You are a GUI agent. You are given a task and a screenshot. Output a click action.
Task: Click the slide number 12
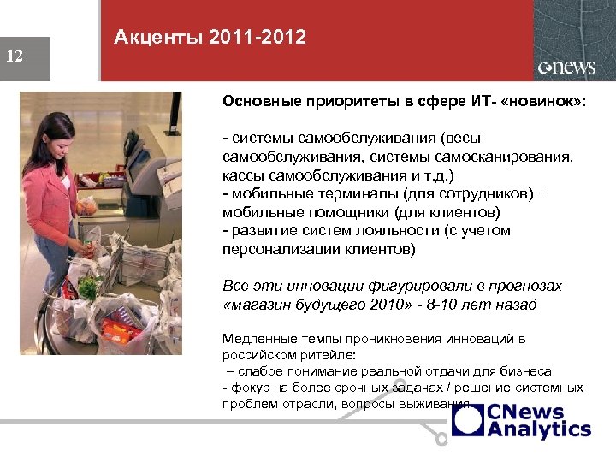pos(15,56)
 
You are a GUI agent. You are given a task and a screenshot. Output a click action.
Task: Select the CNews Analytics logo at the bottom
pos(522,421)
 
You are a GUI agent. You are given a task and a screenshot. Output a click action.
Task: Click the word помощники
pos(321,212)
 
